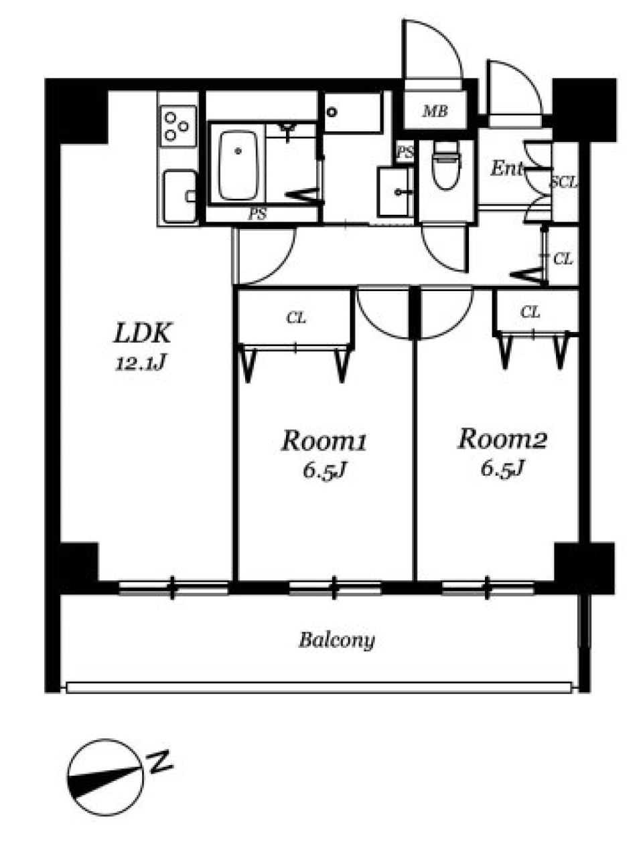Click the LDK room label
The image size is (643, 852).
(141, 333)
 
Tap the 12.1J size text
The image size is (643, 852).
(141, 364)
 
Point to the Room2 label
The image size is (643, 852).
(502, 439)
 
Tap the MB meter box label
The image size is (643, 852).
(435, 111)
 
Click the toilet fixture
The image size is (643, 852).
(445, 165)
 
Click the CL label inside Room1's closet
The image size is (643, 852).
(296, 318)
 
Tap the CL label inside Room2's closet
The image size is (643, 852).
(530, 312)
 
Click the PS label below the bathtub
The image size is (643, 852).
(257, 214)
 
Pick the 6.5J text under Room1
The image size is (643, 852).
(324, 471)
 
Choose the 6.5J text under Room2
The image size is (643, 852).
(502, 468)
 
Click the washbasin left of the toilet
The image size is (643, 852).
(395, 191)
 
